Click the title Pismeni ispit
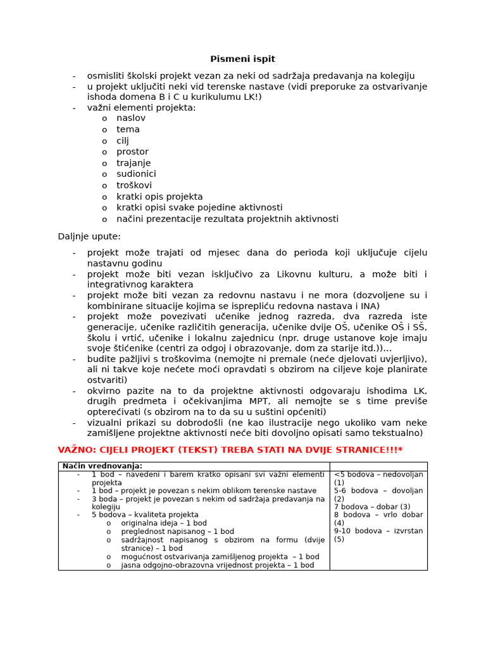[242, 59]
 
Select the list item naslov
[130, 118]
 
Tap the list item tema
[128, 130]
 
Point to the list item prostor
[132, 152]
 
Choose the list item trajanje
[134, 163]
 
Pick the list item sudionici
[136, 174]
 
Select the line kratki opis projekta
[159, 197]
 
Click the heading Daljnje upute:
[89, 236]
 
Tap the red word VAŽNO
[75, 449]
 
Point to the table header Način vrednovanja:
[103, 466]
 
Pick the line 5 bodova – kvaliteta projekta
[145, 515]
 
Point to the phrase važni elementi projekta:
[141, 107]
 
